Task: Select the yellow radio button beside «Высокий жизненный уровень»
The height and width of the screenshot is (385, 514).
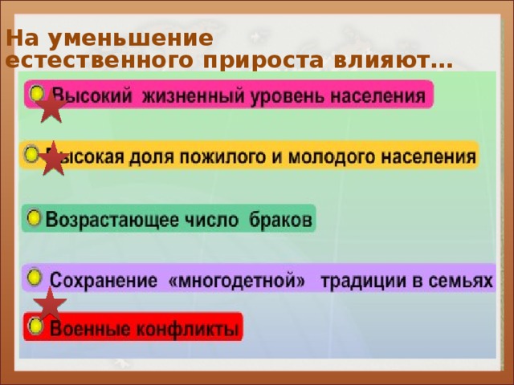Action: click(38, 94)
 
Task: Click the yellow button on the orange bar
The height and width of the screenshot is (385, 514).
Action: click(31, 153)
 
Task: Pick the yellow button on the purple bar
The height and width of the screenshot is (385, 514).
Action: click(35, 277)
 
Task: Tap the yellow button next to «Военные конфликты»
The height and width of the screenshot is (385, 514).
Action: click(36, 326)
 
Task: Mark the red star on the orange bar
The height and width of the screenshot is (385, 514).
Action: click(53, 158)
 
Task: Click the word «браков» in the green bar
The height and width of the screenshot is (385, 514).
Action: click(282, 220)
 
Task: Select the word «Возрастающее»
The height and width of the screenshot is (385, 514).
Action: click(101, 220)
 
